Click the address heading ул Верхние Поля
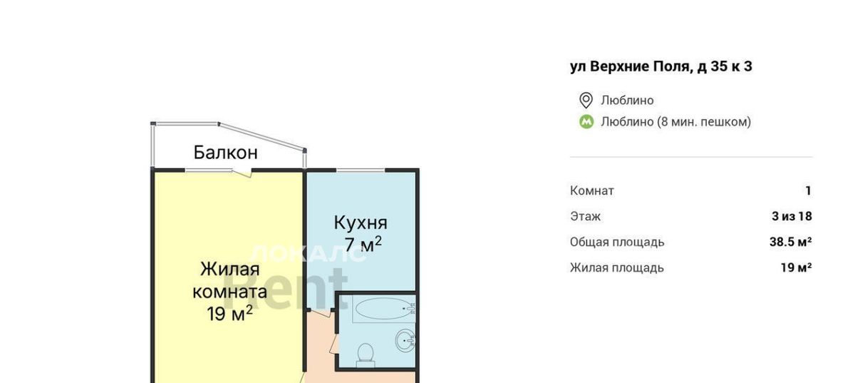(x=660, y=66)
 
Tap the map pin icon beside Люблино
(x=586, y=101)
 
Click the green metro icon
(x=586, y=122)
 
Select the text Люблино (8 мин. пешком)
(x=675, y=122)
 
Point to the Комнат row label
(x=592, y=190)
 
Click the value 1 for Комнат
(x=808, y=190)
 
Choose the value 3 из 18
(x=792, y=216)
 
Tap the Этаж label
(x=586, y=216)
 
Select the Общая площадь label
(x=617, y=242)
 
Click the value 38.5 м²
(x=790, y=242)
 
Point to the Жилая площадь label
(x=617, y=268)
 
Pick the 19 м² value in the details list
(x=797, y=267)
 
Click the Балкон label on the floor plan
(x=226, y=153)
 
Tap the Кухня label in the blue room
(x=361, y=223)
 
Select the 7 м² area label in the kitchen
(x=363, y=245)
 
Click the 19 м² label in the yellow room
(x=229, y=314)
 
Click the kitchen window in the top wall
(x=361, y=170)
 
